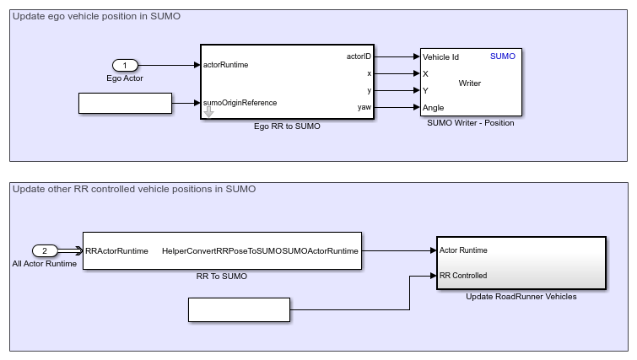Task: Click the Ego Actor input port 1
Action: pyautogui.click(x=125, y=66)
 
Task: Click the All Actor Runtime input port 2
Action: pyautogui.click(x=45, y=250)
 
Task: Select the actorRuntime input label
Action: pyautogui.click(x=226, y=64)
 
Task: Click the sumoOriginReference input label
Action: pyautogui.click(x=240, y=103)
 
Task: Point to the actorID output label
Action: pyautogui.click(x=358, y=56)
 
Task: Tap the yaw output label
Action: pyautogui.click(x=364, y=107)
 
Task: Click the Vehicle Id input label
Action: pyautogui.click(x=440, y=57)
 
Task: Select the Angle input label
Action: pyautogui.click(x=434, y=108)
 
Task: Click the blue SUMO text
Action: pyautogui.click(x=502, y=56)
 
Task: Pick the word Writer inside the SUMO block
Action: pyautogui.click(x=470, y=83)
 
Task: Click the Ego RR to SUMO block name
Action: pyautogui.click(x=287, y=126)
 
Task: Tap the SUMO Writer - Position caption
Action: pyautogui.click(x=471, y=123)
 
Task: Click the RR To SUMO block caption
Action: pyautogui.click(x=222, y=275)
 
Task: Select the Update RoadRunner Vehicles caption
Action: pyautogui.click(x=521, y=296)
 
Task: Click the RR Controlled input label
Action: pyautogui.click(x=462, y=275)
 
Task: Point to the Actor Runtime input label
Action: pyautogui.click(x=462, y=250)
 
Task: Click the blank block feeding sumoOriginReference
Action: pyautogui.click(x=125, y=103)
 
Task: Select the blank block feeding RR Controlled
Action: pyautogui.click(x=239, y=309)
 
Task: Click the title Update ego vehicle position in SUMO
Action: pyautogui.click(x=96, y=16)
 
